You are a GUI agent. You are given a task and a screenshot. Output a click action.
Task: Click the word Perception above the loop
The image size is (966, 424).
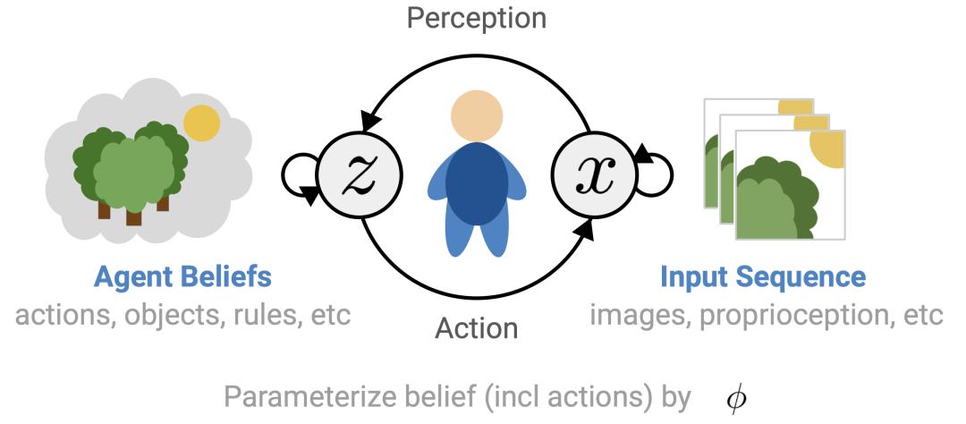click(x=475, y=18)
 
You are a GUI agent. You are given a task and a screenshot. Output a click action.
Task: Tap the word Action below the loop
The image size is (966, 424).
click(x=476, y=327)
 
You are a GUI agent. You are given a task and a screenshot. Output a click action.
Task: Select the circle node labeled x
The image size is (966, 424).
click(x=594, y=170)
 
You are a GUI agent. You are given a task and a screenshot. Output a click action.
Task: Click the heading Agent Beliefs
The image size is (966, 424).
click(x=183, y=277)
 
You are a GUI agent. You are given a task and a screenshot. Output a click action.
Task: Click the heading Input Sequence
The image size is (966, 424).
click(x=762, y=277)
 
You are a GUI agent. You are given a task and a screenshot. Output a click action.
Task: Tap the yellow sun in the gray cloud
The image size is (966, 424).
click(x=201, y=123)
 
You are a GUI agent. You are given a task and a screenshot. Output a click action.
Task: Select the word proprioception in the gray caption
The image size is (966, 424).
click(x=804, y=316)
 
